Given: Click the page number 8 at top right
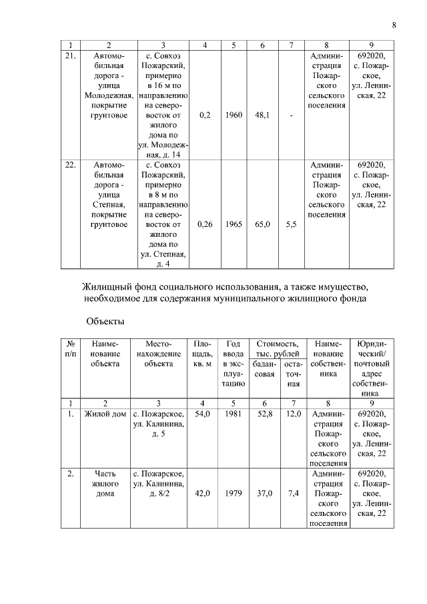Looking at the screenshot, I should tap(394, 25).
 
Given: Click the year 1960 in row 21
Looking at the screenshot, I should tap(234, 115).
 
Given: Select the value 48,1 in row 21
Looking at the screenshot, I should tap(263, 115).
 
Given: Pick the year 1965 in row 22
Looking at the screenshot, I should tap(234, 226).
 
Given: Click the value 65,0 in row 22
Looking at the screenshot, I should tap(263, 226).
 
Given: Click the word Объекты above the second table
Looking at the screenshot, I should tap(105, 322).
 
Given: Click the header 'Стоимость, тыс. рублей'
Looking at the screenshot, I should tap(276, 347).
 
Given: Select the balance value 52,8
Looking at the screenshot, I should tap(263, 414).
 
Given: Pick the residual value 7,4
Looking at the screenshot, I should tap(292, 494).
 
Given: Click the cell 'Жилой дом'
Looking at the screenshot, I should tap(105, 414).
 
